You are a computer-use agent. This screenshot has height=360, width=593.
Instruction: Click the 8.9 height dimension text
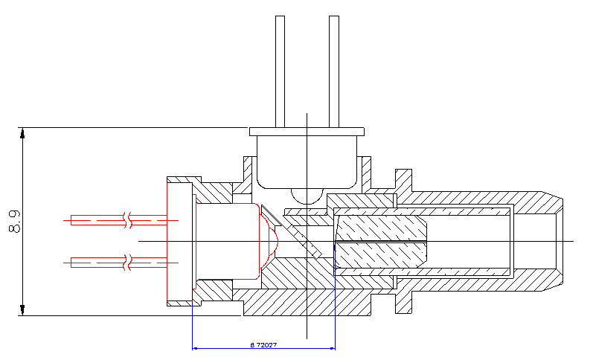pos(14,222)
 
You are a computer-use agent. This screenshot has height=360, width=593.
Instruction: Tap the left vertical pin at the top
pos(280,71)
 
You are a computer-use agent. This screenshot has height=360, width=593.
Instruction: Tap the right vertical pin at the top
pos(334,71)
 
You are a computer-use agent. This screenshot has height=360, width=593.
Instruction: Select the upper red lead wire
pos(97,220)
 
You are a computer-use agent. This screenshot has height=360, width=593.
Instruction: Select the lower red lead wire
pos(97,261)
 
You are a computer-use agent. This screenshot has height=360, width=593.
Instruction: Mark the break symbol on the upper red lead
pos(129,220)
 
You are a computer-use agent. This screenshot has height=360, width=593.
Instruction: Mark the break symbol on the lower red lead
pos(129,261)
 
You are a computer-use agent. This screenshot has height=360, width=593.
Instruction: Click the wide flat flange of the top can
pos(307,131)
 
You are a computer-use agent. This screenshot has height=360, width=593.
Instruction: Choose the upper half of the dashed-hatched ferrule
pos(379,228)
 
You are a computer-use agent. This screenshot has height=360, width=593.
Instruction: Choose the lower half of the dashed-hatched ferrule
pos(379,256)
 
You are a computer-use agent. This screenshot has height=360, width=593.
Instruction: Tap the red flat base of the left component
pos(169,241)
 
